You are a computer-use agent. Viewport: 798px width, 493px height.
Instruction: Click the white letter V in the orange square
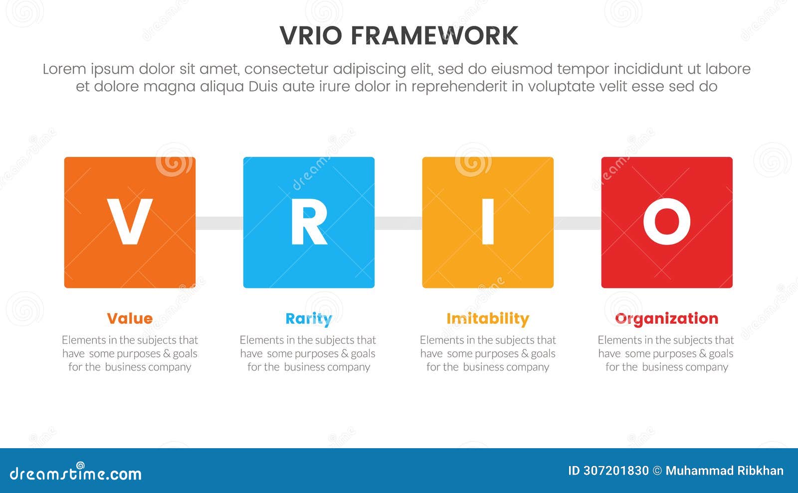pos(130,222)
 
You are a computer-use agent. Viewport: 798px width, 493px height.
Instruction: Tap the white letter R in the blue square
pos(309,223)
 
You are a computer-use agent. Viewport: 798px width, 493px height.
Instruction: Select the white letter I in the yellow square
pos(488,222)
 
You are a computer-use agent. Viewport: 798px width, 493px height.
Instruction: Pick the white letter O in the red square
pos(666,222)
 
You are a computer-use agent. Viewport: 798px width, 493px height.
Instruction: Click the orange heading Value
pos(130,318)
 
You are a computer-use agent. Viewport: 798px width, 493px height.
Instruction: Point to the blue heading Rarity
pos(308,319)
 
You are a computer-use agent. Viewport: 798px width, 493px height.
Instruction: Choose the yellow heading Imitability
pos(488,318)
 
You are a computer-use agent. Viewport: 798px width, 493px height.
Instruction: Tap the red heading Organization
pos(666,318)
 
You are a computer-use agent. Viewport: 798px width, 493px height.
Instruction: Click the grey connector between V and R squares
pos(219,223)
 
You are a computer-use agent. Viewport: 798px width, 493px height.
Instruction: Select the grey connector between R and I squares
pos(398,223)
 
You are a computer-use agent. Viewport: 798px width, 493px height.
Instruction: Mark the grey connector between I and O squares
pos(577,223)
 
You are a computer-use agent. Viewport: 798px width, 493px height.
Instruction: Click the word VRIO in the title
pos(311,36)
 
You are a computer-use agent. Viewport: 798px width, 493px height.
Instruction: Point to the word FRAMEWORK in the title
pos(434,36)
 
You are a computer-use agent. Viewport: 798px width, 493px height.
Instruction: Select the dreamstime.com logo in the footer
pos(75,473)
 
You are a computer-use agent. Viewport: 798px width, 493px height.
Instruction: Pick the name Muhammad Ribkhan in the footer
pos(724,471)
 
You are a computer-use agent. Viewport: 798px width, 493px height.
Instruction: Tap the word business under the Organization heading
pos(664,367)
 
